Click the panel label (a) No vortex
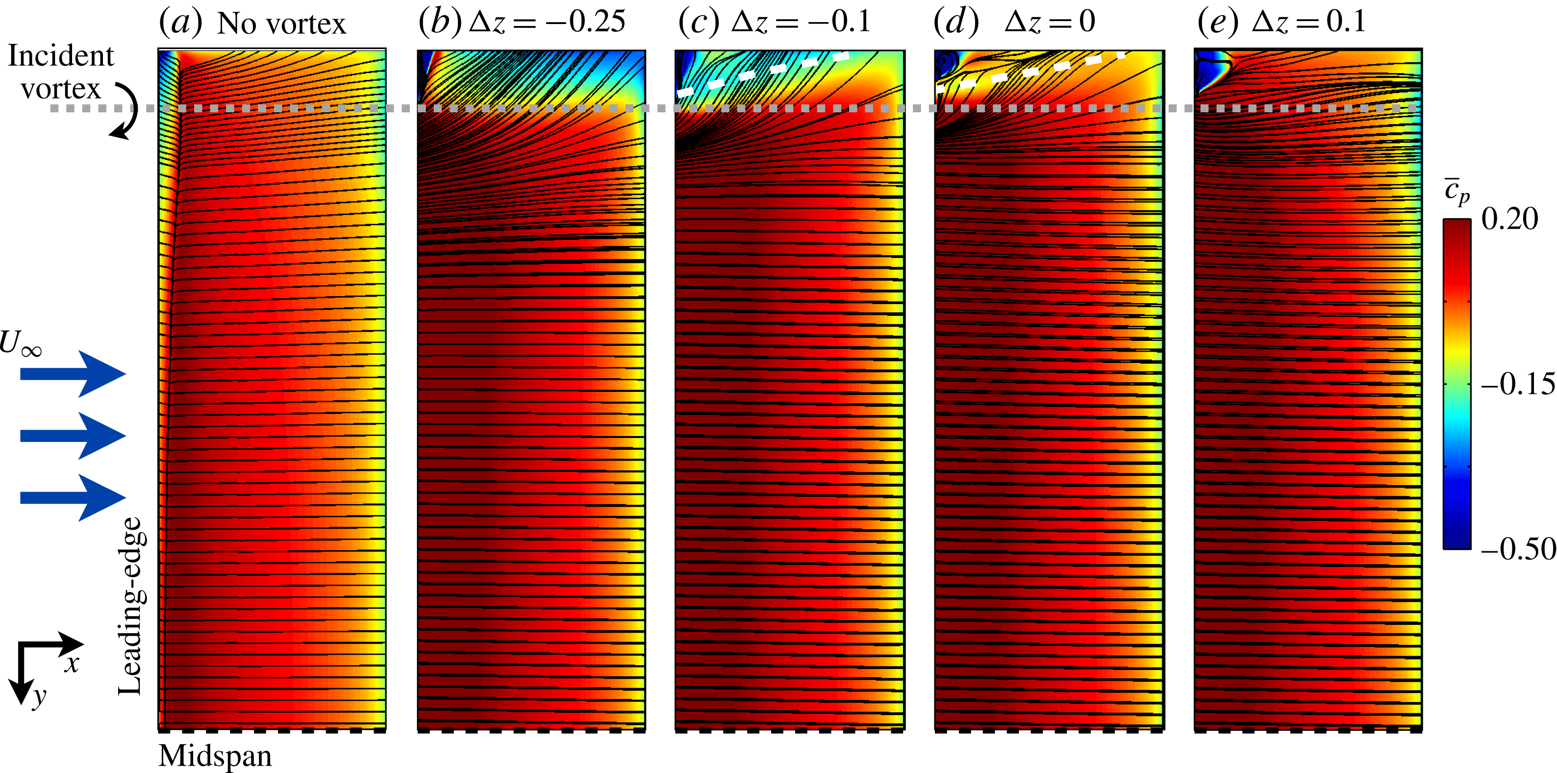point(252,23)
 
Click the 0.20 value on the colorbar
point(1509,219)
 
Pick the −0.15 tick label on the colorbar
point(1517,384)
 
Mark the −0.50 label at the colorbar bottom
point(1518,548)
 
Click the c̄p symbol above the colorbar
point(1457,192)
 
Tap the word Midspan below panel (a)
point(215,756)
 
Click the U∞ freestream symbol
point(21,343)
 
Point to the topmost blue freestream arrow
point(73,374)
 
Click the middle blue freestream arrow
point(73,436)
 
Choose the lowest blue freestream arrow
point(73,497)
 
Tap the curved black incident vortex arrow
point(126,111)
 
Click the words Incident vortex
point(60,73)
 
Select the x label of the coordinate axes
point(72,664)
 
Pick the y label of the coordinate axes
point(39,697)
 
